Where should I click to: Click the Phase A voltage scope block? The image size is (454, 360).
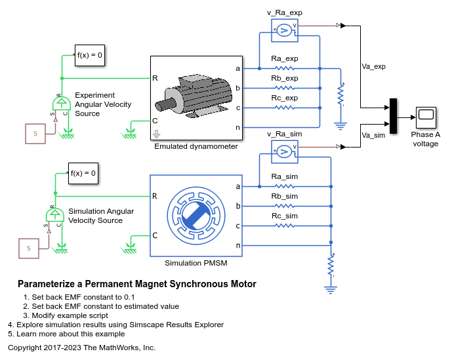(426, 117)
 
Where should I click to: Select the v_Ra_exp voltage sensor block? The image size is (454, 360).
(285, 30)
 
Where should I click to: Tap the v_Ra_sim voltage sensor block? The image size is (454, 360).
(285, 151)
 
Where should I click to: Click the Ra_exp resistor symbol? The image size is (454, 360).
(285, 69)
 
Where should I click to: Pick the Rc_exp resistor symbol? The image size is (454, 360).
(285, 108)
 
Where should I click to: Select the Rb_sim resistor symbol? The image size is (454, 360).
(285, 206)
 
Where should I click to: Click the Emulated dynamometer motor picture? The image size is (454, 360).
(194, 96)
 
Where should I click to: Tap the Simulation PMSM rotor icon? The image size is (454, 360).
(196, 216)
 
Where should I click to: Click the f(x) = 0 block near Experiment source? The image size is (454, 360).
(90, 55)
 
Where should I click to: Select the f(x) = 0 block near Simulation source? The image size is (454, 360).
(83, 173)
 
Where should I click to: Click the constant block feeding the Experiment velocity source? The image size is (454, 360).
(35, 134)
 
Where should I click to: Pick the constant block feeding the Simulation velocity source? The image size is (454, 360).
(29, 249)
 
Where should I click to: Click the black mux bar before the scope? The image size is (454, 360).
(393, 116)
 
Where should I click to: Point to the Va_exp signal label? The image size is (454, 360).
(373, 67)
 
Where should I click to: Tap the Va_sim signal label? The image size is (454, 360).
(373, 135)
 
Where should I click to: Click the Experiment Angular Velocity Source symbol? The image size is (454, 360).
(62, 103)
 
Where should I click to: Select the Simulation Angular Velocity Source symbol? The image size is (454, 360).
(54, 214)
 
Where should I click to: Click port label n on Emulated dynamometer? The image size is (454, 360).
(237, 127)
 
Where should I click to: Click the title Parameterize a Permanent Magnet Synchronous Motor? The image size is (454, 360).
(137, 284)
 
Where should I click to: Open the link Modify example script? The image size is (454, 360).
(70, 315)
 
